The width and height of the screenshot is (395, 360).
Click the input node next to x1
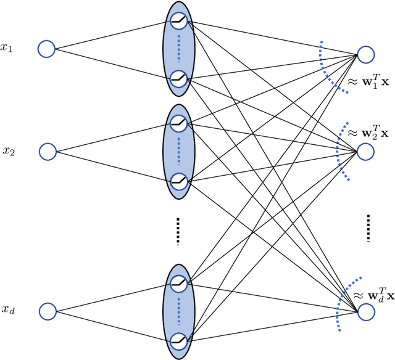coord(47,49)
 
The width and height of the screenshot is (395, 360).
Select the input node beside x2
coord(48,151)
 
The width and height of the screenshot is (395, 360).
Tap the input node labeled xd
coord(48,311)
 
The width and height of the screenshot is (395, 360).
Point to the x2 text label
coord(8,150)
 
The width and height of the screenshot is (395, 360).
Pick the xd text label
coord(8,310)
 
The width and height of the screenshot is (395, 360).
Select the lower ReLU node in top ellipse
coord(179,78)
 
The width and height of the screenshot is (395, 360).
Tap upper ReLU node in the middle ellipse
coord(179,123)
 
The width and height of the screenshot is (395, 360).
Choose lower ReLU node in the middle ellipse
coord(179,181)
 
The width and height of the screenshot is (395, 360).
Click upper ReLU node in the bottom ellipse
coord(179,283)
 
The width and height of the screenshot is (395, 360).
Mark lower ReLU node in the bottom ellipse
coord(179,340)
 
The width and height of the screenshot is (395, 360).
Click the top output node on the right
coord(366,55)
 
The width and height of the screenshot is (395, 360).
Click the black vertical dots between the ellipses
coord(178,231)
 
